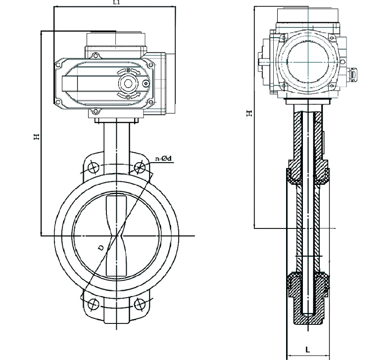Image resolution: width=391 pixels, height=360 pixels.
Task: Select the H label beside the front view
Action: pos(36,136)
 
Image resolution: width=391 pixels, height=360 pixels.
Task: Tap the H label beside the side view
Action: pos(250,113)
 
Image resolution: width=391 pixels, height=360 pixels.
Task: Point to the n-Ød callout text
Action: pos(164,158)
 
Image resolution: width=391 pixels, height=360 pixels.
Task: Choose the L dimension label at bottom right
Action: pos(308,350)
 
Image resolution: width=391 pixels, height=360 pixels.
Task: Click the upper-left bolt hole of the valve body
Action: pos(93,168)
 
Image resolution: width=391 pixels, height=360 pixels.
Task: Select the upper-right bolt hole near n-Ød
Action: pos(140,168)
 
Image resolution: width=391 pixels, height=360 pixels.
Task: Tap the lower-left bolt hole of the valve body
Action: pos(93,303)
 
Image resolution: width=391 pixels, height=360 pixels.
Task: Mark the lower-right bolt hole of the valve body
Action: pos(140,303)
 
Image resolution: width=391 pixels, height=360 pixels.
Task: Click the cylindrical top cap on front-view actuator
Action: pos(117,39)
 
